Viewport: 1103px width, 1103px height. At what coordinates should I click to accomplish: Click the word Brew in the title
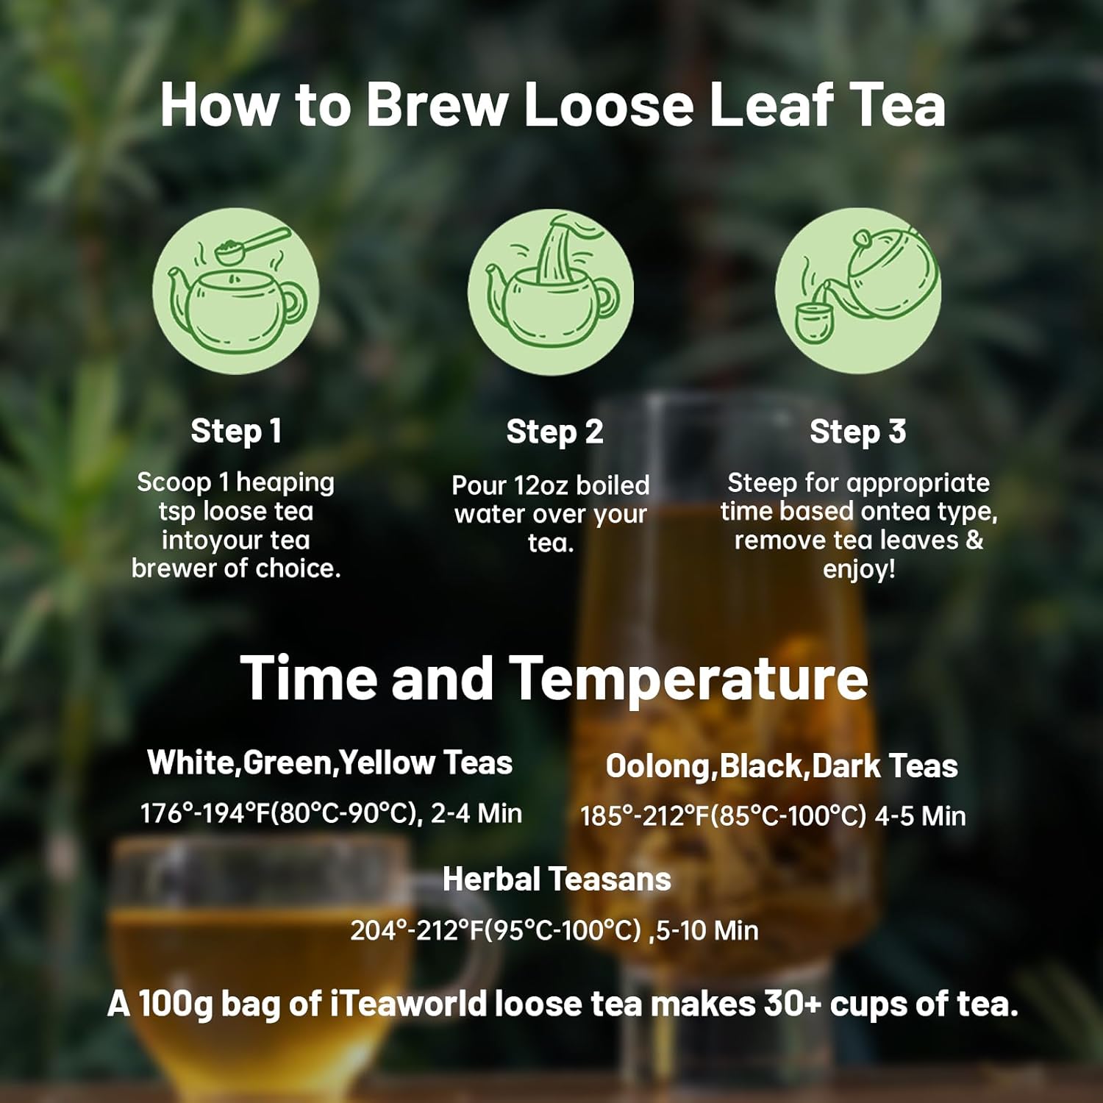[x=437, y=104]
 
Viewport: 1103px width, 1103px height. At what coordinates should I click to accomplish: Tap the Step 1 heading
[x=236, y=431]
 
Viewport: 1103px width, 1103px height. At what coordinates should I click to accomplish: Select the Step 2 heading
[x=554, y=432]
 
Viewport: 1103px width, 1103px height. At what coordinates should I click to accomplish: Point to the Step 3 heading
[x=857, y=432]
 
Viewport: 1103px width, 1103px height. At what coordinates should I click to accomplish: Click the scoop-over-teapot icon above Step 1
[x=236, y=290]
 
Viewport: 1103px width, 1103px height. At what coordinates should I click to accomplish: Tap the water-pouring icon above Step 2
[x=551, y=290]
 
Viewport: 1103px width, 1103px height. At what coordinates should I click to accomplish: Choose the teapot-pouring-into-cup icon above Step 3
[x=858, y=290]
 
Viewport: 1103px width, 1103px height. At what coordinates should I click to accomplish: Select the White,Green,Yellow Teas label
[x=329, y=763]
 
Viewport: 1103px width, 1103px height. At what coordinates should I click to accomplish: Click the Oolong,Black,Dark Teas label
[x=781, y=766]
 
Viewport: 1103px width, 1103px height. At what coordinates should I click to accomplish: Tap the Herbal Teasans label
[x=557, y=879]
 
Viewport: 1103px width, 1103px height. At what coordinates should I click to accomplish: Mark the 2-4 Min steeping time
[x=476, y=814]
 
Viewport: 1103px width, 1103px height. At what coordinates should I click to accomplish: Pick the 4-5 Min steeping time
[x=920, y=816]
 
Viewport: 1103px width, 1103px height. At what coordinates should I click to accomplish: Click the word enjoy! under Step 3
[x=858, y=570]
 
